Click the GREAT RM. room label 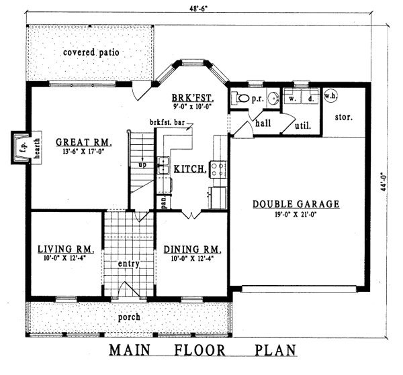(x=83, y=142)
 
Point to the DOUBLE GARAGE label (x=296, y=205)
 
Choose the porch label (x=129, y=316)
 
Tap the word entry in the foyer (x=128, y=264)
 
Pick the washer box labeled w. (x=293, y=99)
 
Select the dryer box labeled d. (x=310, y=99)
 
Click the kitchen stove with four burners (x=217, y=169)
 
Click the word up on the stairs (x=142, y=164)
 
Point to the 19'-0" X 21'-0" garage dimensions (x=296, y=215)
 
